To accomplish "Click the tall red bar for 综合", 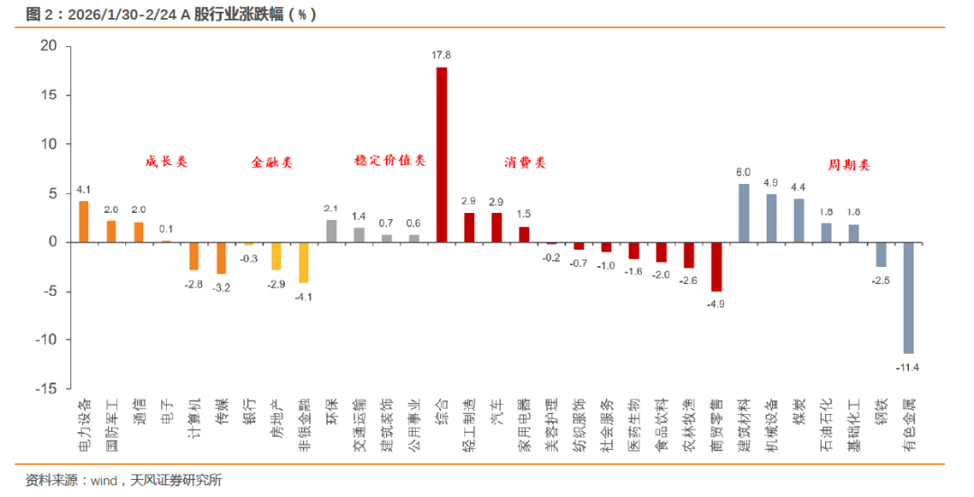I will [x=441, y=154].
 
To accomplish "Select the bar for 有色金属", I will [x=908, y=298].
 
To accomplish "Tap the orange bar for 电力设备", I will [x=84, y=222].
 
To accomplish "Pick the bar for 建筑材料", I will [x=744, y=213].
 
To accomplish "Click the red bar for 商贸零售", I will [x=716, y=266].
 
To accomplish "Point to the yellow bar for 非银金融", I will [x=304, y=262].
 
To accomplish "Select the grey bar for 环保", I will [x=331, y=231].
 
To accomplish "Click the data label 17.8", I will [x=441, y=56].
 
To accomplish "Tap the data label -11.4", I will [x=908, y=366].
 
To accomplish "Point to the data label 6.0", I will [x=744, y=171].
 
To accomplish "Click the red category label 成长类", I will [x=167, y=162].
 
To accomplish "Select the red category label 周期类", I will [x=849, y=166].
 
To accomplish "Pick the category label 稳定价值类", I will [x=390, y=161].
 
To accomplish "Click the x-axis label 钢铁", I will [x=881, y=411].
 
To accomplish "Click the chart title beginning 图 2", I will [x=171, y=14].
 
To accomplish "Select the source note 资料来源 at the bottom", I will [x=124, y=480].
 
